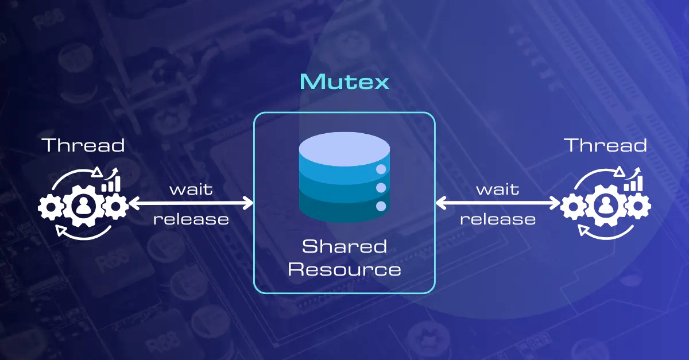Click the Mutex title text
coord(344,82)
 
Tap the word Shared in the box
coord(344,247)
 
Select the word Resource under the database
coord(344,269)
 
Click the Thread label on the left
coord(84,145)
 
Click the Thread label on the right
coord(606,145)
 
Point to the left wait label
coord(191,189)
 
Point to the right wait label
coord(498,189)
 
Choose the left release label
coord(191,219)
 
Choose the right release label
coord(498,219)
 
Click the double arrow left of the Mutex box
coord(191,203)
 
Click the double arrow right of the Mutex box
coord(498,203)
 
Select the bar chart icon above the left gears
coord(111,183)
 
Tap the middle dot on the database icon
coord(380,188)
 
